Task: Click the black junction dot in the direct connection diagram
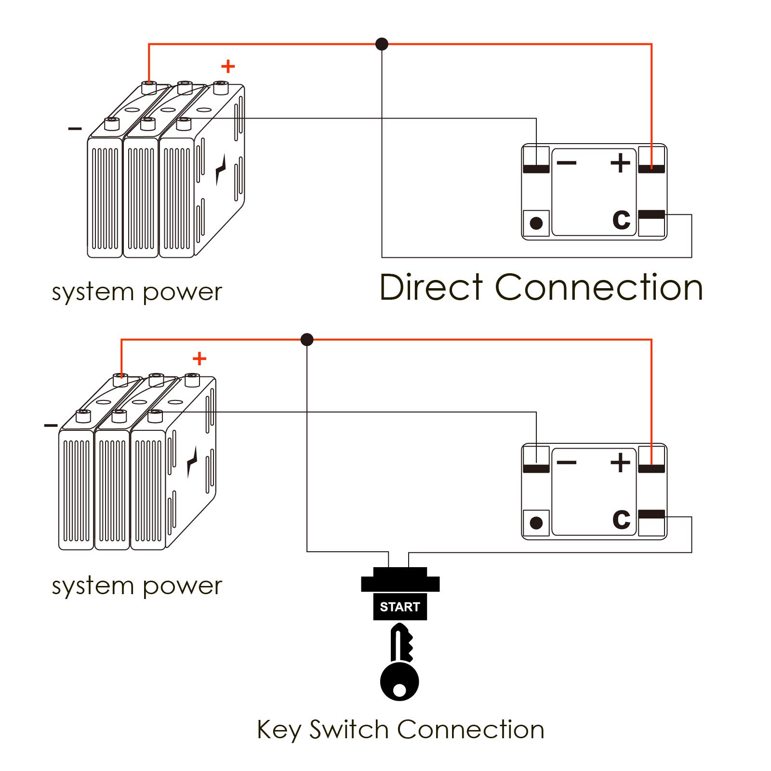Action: click(x=382, y=44)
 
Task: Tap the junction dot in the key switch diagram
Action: click(x=307, y=340)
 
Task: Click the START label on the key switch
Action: click(x=400, y=607)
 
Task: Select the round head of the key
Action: click(x=399, y=681)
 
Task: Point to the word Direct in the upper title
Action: click(x=431, y=288)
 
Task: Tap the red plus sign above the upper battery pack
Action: click(x=228, y=66)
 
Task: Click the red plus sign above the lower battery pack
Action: click(x=199, y=359)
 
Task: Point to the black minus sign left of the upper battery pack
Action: click(x=75, y=129)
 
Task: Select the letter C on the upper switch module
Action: click(x=621, y=219)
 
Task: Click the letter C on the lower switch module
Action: click(x=621, y=519)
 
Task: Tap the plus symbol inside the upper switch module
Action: click(x=620, y=163)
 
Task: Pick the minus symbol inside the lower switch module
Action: click(x=567, y=463)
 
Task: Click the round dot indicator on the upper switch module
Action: click(x=536, y=223)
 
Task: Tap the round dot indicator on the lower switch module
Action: click(x=536, y=523)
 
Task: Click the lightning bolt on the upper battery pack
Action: click(x=221, y=170)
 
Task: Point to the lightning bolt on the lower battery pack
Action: click(x=192, y=462)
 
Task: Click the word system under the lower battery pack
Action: click(x=93, y=586)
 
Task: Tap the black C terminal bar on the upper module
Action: click(x=651, y=214)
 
